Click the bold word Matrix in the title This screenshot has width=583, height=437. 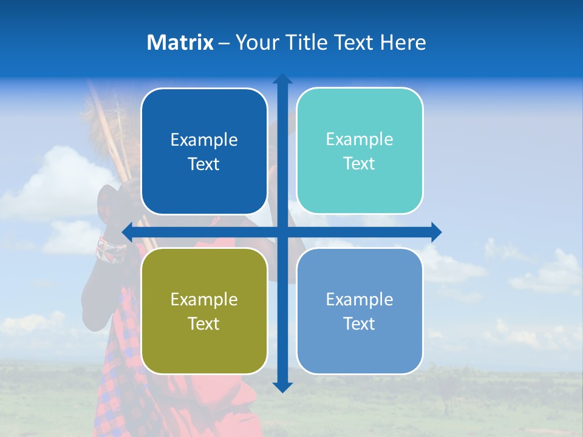pos(180,42)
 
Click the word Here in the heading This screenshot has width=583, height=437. pos(403,42)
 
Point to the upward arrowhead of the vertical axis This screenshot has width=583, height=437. pos(282,79)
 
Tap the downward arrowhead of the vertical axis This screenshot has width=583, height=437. pos(282,387)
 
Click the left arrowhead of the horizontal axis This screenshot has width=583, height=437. pos(127,232)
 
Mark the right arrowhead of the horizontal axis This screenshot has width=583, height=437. pos(437,232)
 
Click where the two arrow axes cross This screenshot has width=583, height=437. pos(282,232)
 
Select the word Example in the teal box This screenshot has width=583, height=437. pos(360,140)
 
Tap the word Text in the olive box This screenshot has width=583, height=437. pos(204,324)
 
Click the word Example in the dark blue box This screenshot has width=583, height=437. pos(204,140)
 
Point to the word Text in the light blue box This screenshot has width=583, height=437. pos(360,324)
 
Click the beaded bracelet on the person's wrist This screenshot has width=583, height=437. pos(111,249)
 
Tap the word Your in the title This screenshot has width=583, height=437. pos(256,42)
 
